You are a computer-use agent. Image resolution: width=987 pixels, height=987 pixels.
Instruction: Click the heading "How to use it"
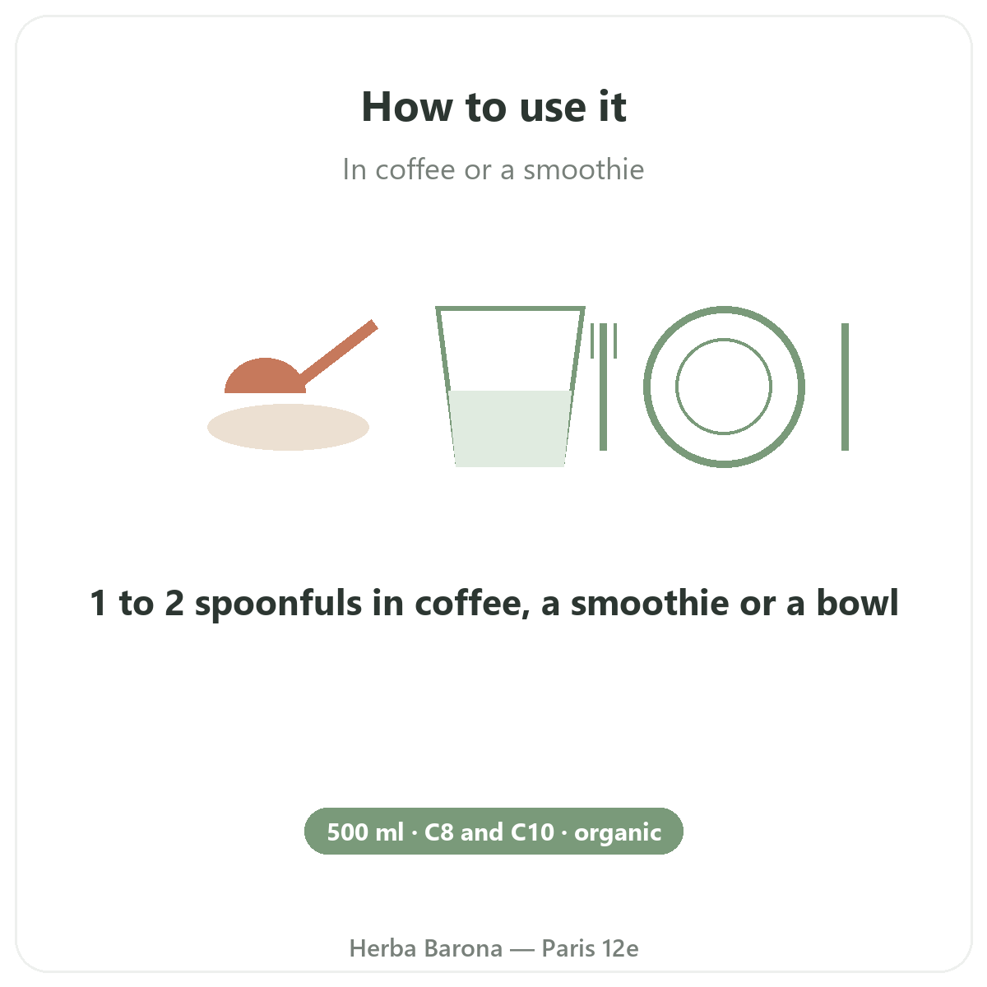pos(493,107)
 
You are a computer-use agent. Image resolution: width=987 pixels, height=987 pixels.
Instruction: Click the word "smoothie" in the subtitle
pos(583,169)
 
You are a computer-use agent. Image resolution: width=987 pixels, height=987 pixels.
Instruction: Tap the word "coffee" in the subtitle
pos(415,169)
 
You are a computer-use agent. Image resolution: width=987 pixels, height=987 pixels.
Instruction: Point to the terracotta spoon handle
pos(339,353)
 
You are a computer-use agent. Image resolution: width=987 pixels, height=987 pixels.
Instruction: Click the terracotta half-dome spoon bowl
pos(265,377)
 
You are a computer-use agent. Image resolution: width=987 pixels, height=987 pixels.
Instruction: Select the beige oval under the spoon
pos(288,427)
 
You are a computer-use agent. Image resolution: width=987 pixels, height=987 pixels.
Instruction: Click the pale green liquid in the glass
pos(510,429)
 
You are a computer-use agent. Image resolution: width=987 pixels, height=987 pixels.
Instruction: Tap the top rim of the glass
pos(510,308)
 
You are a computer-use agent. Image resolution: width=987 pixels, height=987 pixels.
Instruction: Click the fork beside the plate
pos(604,387)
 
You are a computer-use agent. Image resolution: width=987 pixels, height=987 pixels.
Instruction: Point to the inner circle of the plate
pos(724,339)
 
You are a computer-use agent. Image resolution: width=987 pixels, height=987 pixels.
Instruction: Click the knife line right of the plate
pos(846,387)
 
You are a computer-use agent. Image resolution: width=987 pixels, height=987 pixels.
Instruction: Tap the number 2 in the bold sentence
pos(174,603)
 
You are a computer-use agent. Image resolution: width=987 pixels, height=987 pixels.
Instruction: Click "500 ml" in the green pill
pos(365,832)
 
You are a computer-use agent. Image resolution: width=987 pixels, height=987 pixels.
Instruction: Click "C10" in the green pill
pos(533,832)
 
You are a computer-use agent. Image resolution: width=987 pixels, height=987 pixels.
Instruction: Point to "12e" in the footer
pos(620,948)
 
